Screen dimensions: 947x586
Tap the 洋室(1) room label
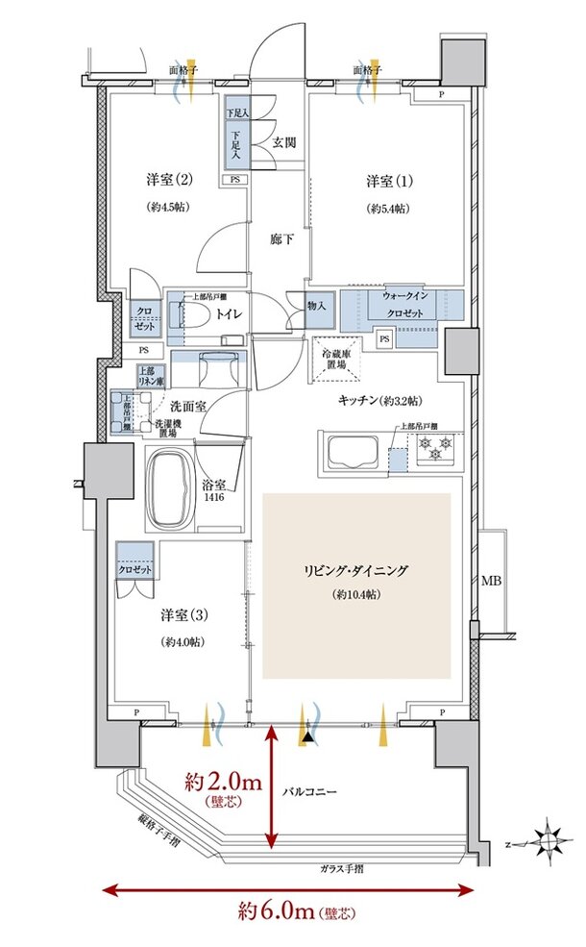387,181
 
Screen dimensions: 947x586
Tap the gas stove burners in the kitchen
435,447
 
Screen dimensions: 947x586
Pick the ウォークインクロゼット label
403,306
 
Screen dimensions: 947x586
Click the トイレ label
228,313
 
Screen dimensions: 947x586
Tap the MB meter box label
491,582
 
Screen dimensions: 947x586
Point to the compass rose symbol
548,842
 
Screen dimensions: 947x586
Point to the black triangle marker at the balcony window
306,736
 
